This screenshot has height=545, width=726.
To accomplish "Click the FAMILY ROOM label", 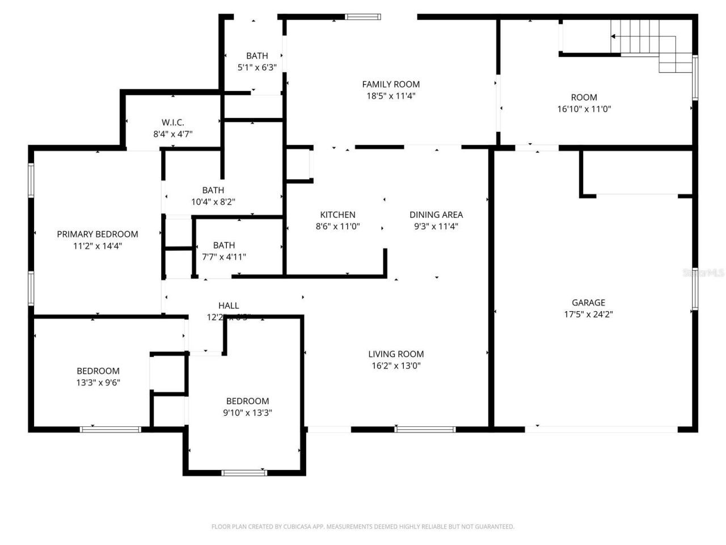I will [391, 84].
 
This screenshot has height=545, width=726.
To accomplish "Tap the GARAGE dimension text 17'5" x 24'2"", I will [588, 315].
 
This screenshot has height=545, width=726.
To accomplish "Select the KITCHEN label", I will [337, 215].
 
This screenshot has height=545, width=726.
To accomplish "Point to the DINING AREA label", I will [436, 215].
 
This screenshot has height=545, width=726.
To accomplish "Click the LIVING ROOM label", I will [396, 354].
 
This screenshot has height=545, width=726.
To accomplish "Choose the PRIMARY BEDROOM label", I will [98, 234].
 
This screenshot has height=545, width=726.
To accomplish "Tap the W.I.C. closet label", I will [172, 123].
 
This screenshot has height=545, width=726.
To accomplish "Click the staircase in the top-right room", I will [652, 43].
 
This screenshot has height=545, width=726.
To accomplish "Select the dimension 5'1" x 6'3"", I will [257, 68].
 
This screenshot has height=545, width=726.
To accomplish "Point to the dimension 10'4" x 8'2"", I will [213, 202].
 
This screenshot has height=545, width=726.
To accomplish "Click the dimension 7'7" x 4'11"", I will [224, 257].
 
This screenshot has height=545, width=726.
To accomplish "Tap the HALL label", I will [229, 305].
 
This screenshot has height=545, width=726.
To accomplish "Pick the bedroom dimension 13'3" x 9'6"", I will [98, 383].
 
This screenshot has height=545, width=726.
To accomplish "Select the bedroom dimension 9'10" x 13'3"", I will [247, 413].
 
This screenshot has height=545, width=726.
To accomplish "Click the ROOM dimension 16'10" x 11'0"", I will [584, 109].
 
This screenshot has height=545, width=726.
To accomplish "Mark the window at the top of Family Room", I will [364, 17].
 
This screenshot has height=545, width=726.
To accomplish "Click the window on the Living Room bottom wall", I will [425, 429].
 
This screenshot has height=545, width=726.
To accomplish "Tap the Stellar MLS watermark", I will [703, 273].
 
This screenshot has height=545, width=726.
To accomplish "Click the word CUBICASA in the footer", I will [299, 527].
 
